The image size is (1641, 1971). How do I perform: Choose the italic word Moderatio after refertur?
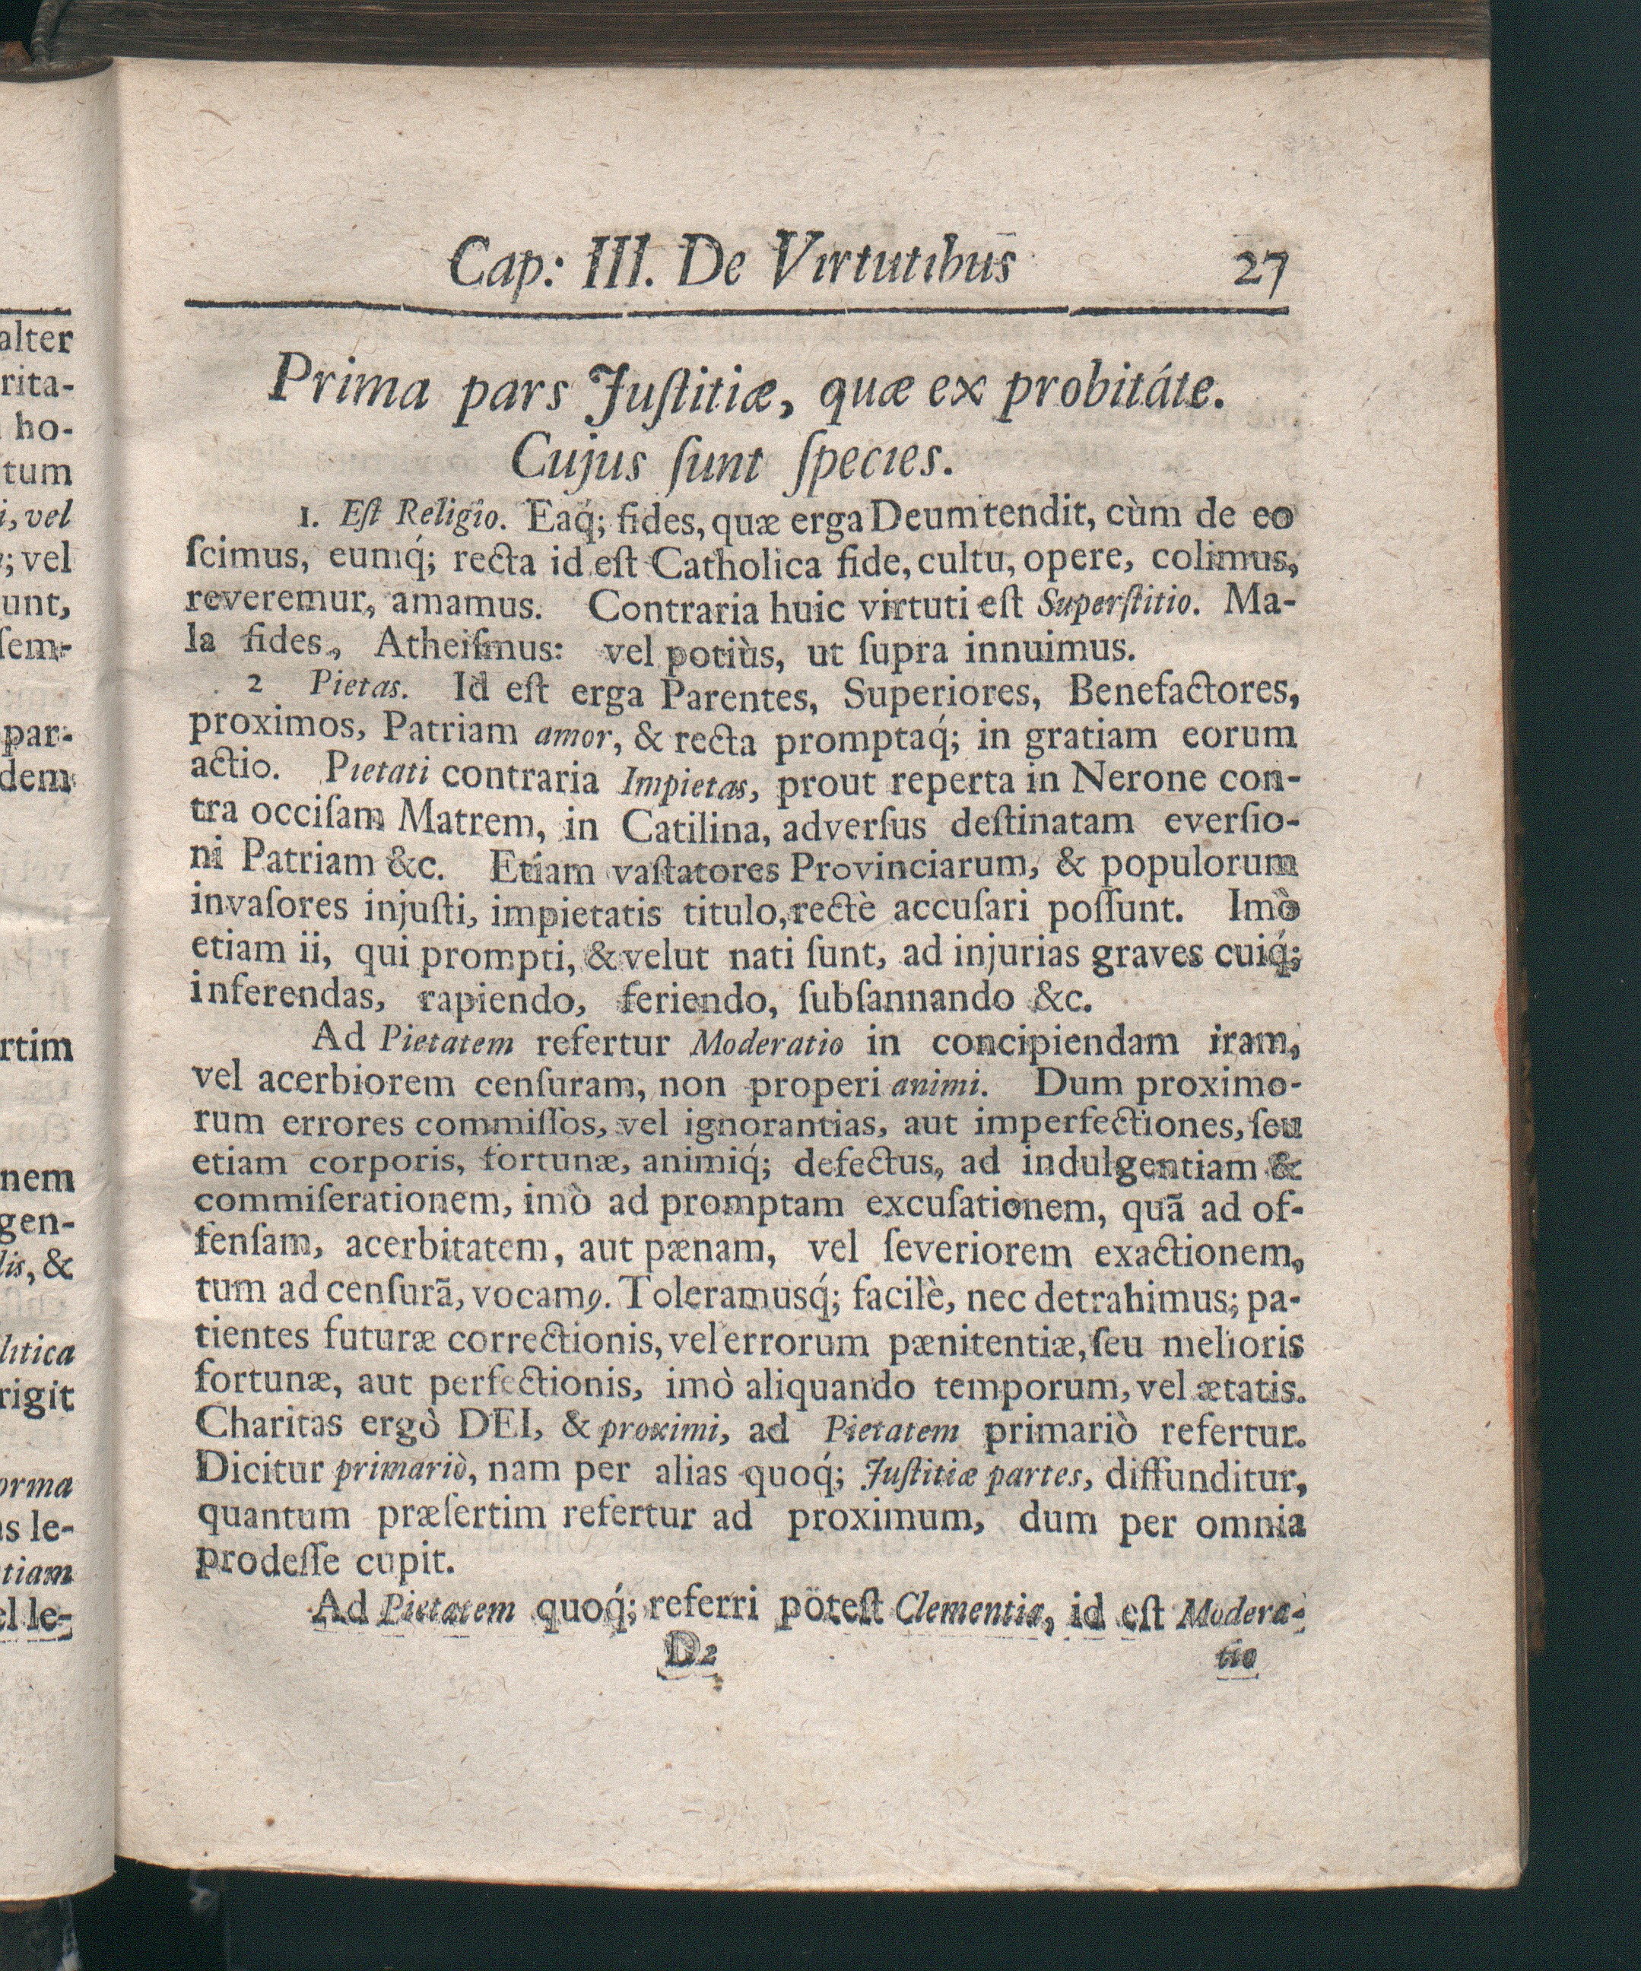pos(766,1043)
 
